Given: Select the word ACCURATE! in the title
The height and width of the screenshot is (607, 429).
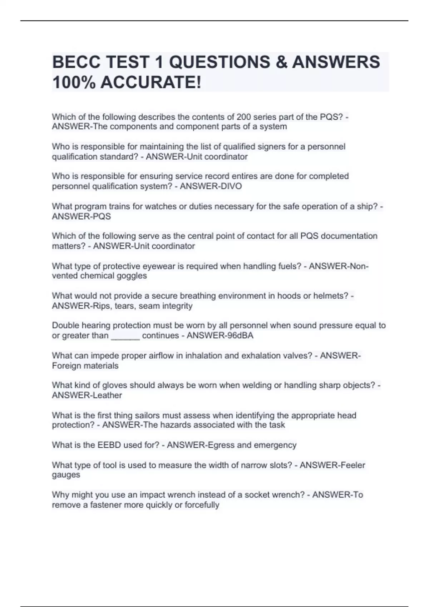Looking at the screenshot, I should [151, 82].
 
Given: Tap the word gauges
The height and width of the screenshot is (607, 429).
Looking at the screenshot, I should [66, 475].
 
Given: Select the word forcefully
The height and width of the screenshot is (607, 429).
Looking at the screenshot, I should [202, 505].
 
